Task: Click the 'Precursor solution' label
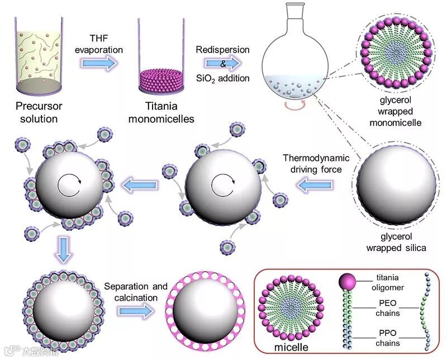click(37, 110)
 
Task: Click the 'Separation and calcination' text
click(136, 292)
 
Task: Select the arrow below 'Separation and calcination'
click(136, 311)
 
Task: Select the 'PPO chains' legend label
click(388, 340)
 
